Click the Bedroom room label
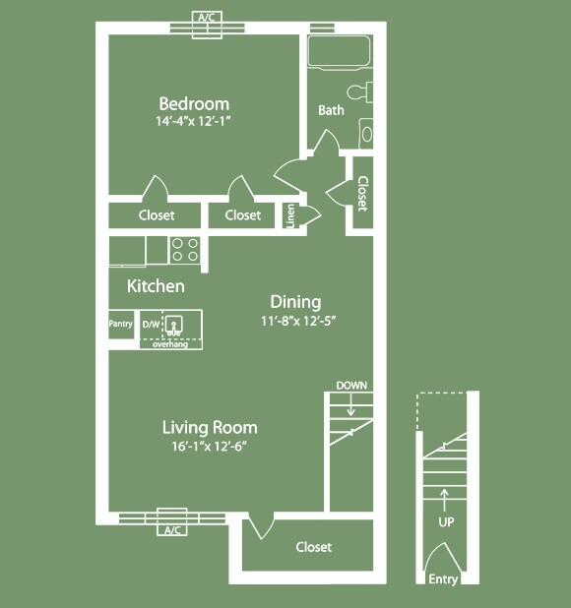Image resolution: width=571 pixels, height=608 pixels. coord(194,104)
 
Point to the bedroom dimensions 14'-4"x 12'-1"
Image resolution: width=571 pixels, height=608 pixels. coord(193,121)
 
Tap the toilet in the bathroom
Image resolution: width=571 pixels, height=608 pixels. coord(359,92)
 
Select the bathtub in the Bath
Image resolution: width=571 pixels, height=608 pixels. coord(339,51)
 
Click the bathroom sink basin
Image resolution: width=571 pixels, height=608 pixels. coord(366,134)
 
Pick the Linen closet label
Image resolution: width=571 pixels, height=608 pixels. coord(290,216)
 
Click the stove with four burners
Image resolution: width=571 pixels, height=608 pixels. coord(185,250)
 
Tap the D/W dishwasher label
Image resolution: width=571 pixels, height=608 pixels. coord(151,324)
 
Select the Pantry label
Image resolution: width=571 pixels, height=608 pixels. coord(121,324)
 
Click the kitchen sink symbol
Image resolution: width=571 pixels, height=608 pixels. coord(174,326)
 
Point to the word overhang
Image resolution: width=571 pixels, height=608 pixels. coord(170,344)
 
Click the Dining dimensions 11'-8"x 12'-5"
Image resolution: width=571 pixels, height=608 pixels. coord(298,321)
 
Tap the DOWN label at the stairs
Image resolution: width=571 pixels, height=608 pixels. coord(351,386)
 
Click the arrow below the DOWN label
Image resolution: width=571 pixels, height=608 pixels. coord(351,404)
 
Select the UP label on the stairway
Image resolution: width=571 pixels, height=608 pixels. coord(446,522)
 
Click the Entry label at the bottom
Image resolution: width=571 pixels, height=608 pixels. coord(443,579)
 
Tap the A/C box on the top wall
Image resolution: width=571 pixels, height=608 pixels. coord(207,25)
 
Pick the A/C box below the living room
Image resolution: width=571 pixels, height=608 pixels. coord(172,522)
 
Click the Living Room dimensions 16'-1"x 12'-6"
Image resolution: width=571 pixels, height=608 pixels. coord(210,447)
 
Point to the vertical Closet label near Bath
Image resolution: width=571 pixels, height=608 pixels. coord(362,194)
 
